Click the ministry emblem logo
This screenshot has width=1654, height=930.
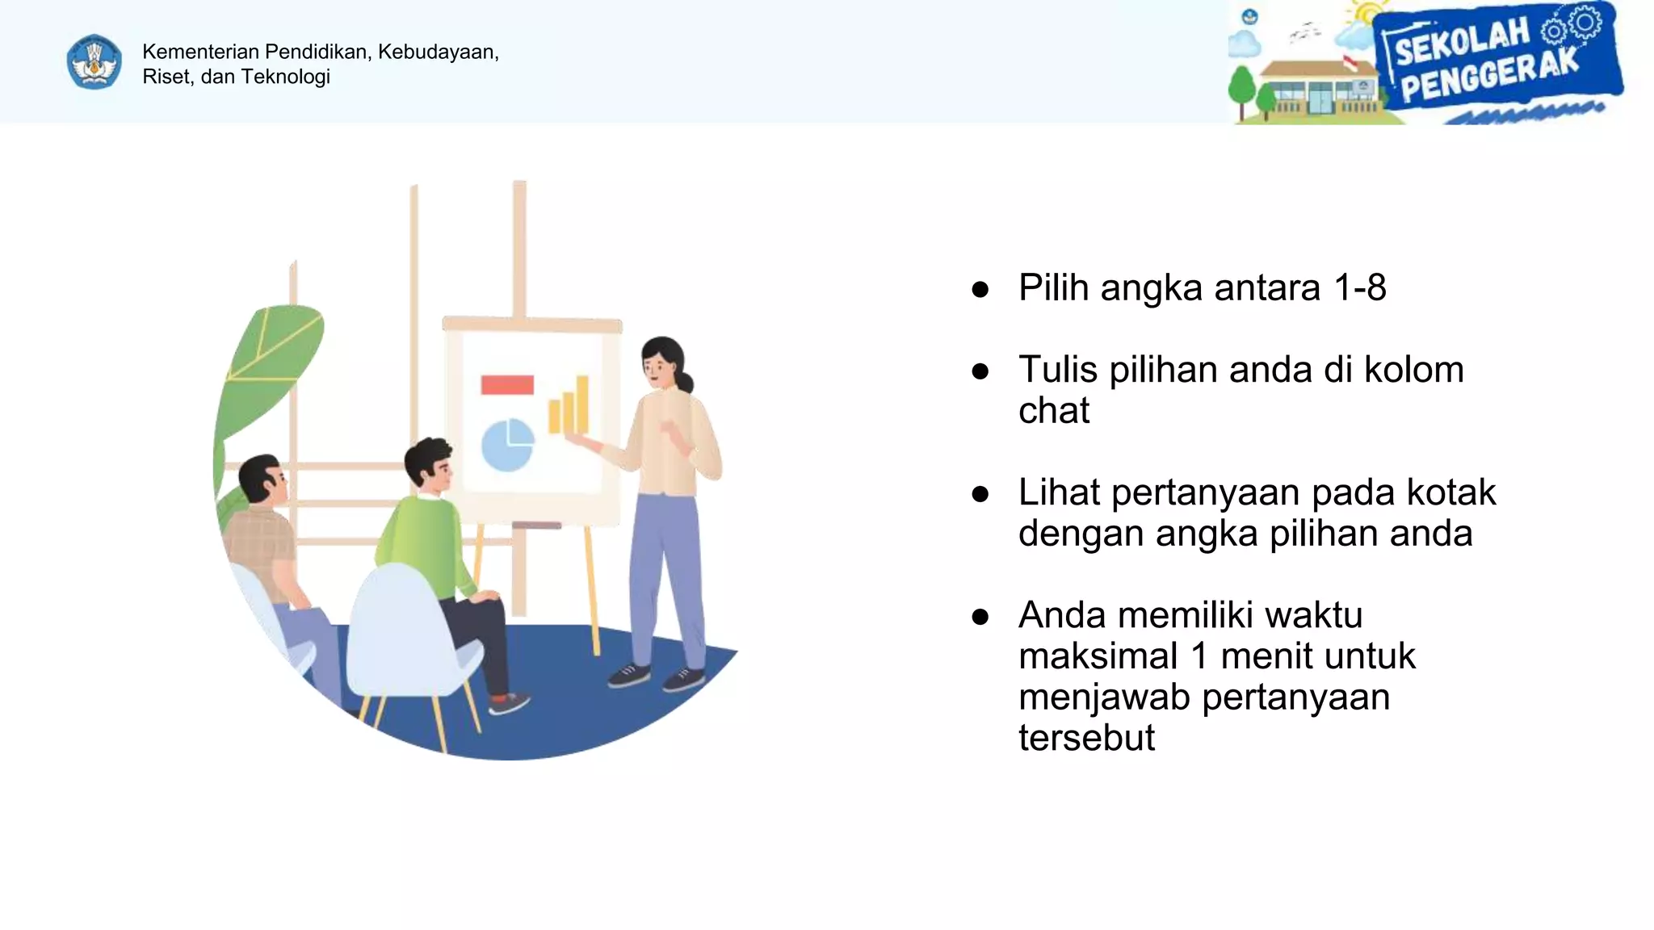point(94,62)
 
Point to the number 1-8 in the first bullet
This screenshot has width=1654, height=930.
point(1360,288)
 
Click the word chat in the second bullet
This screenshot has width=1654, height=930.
point(1053,411)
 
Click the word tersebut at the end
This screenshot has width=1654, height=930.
point(1086,738)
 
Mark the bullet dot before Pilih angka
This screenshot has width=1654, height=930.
point(980,290)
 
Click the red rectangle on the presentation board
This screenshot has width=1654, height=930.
point(507,385)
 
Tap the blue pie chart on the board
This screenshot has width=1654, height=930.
point(507,445)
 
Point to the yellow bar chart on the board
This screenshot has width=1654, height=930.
point(569,406)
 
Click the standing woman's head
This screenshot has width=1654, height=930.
point(664,362)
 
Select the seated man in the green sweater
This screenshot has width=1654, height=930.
point(428,533)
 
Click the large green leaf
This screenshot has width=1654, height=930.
point(271,363)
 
